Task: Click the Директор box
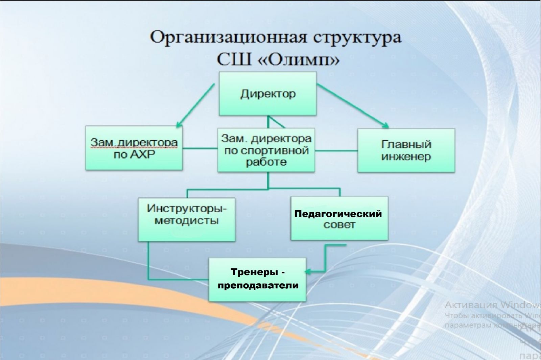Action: (267, 94)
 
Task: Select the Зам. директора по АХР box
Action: (134, 148)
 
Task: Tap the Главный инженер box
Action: (406, 150)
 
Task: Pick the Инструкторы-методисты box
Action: (187, 219)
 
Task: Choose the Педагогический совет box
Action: (339, 218)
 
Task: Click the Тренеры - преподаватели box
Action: (257, 279)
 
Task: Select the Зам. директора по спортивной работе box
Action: (266, 150)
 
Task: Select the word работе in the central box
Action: (266, 162)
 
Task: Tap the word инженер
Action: (406, 157)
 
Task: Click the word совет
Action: (339, 225)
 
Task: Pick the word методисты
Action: (187, 221)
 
